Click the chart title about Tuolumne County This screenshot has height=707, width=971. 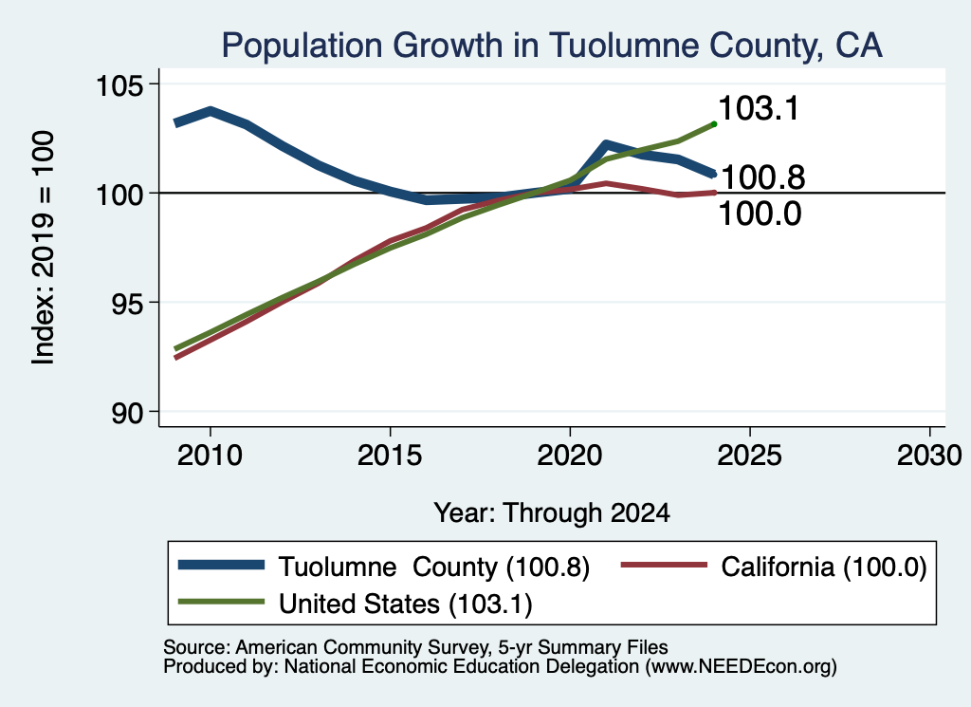click(552, 46)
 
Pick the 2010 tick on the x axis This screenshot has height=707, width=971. click(210, 456)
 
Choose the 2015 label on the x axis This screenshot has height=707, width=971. click(390, 456)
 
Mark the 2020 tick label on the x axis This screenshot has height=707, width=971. click(570, 456)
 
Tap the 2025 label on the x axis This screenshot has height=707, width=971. click(749, 456)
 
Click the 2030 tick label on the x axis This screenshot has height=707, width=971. click(929, 456)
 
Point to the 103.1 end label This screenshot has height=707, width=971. click(760, 108)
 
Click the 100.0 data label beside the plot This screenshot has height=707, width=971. click(760, 214)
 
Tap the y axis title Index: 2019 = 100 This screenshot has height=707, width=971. click(44, 248)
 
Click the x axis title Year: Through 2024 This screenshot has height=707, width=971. click(552, 513)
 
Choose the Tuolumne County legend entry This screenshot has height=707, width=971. click(384, 567)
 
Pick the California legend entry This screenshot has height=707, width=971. click(774, 567)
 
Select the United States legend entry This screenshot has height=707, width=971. click(356, 604)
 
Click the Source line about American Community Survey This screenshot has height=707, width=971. click(415, 647)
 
